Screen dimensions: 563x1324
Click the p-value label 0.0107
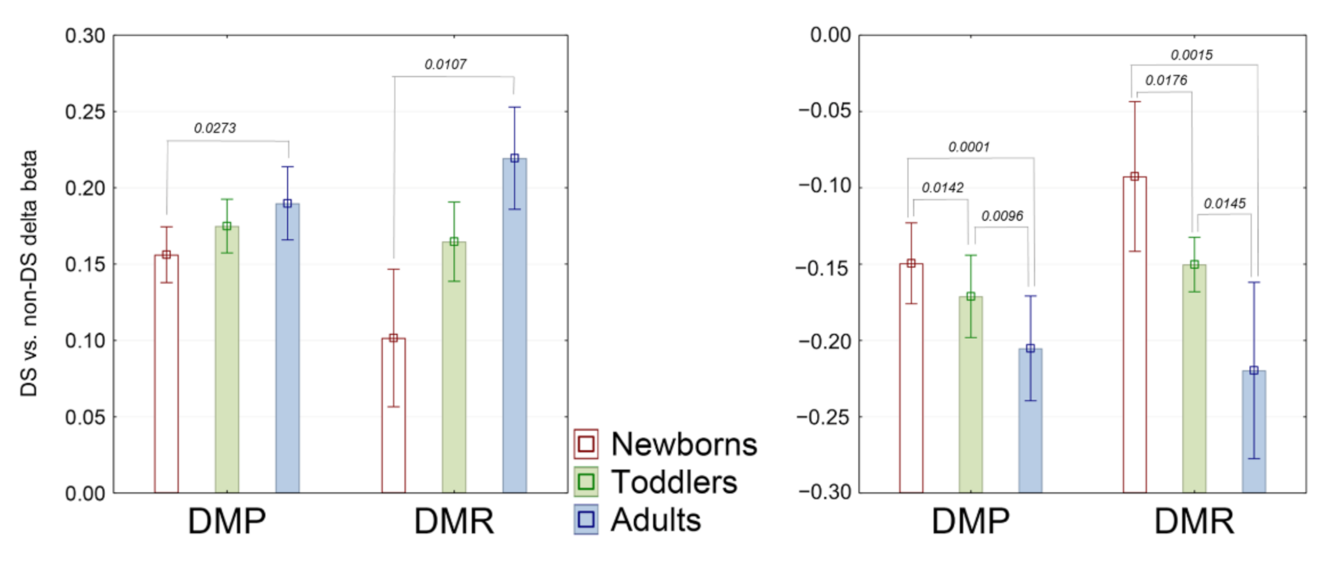click(445, 65)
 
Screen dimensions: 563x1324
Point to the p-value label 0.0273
click(214, 128)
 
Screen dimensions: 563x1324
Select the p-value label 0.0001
click(969, 147)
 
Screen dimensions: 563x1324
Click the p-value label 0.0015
click(1191, 56)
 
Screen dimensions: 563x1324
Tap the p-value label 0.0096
click(1002, 216)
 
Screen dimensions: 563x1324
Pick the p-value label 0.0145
click(1224, 204)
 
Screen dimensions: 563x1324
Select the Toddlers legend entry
click(656, 482)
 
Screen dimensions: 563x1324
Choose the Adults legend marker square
click(586, 519)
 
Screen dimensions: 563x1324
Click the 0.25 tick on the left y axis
click(85, 112)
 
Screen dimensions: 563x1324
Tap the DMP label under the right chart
click(970, 522)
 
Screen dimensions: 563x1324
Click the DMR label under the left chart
click(454, 522)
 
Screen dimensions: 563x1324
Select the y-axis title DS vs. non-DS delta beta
click(29, 273)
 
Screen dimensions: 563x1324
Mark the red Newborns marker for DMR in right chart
click(1135, 177)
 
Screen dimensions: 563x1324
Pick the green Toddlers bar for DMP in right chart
click(970, 394)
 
